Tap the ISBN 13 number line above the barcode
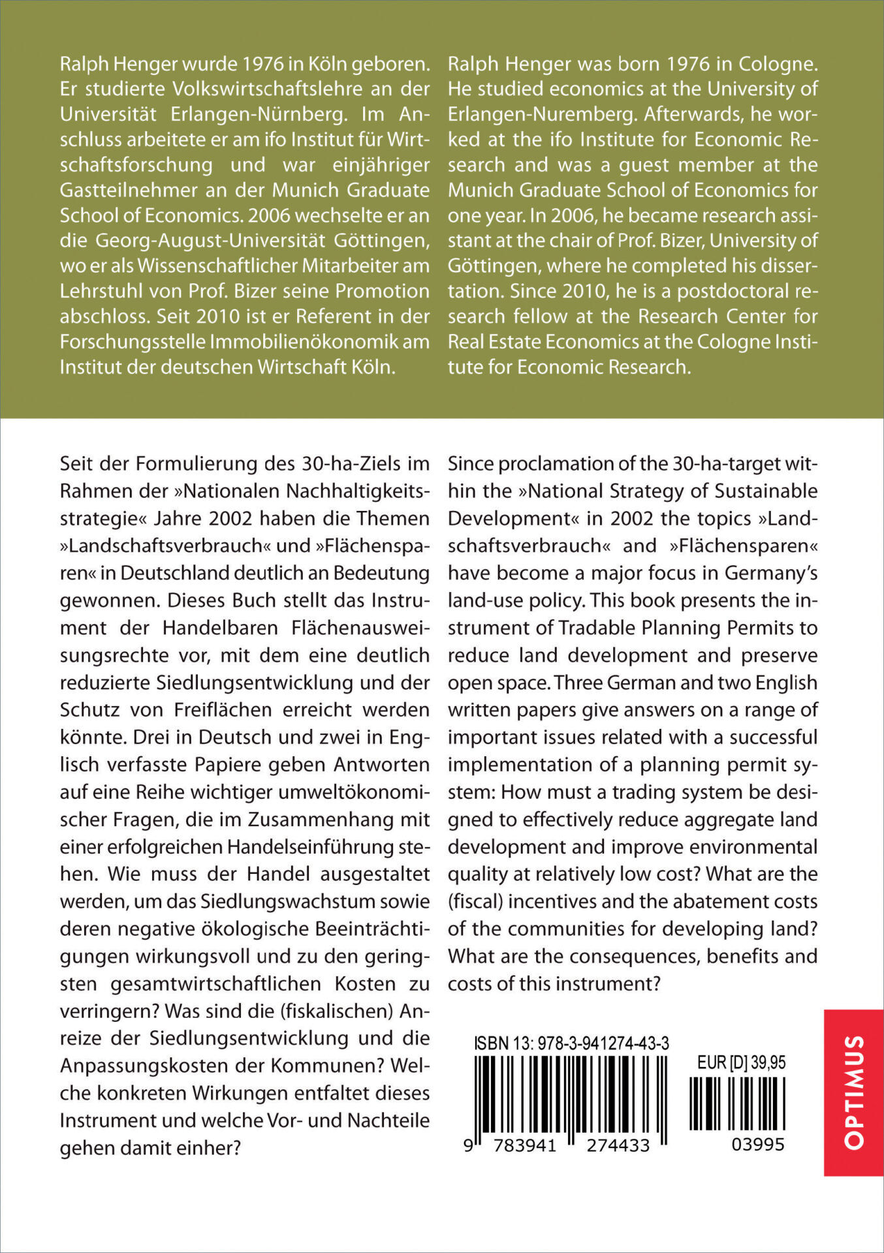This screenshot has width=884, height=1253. pos(571,1044)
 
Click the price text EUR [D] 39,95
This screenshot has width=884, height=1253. pos(741,1062)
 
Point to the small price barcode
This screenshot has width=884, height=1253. pos(737,1104)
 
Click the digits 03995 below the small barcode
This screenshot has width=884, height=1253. pos(757,1145)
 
